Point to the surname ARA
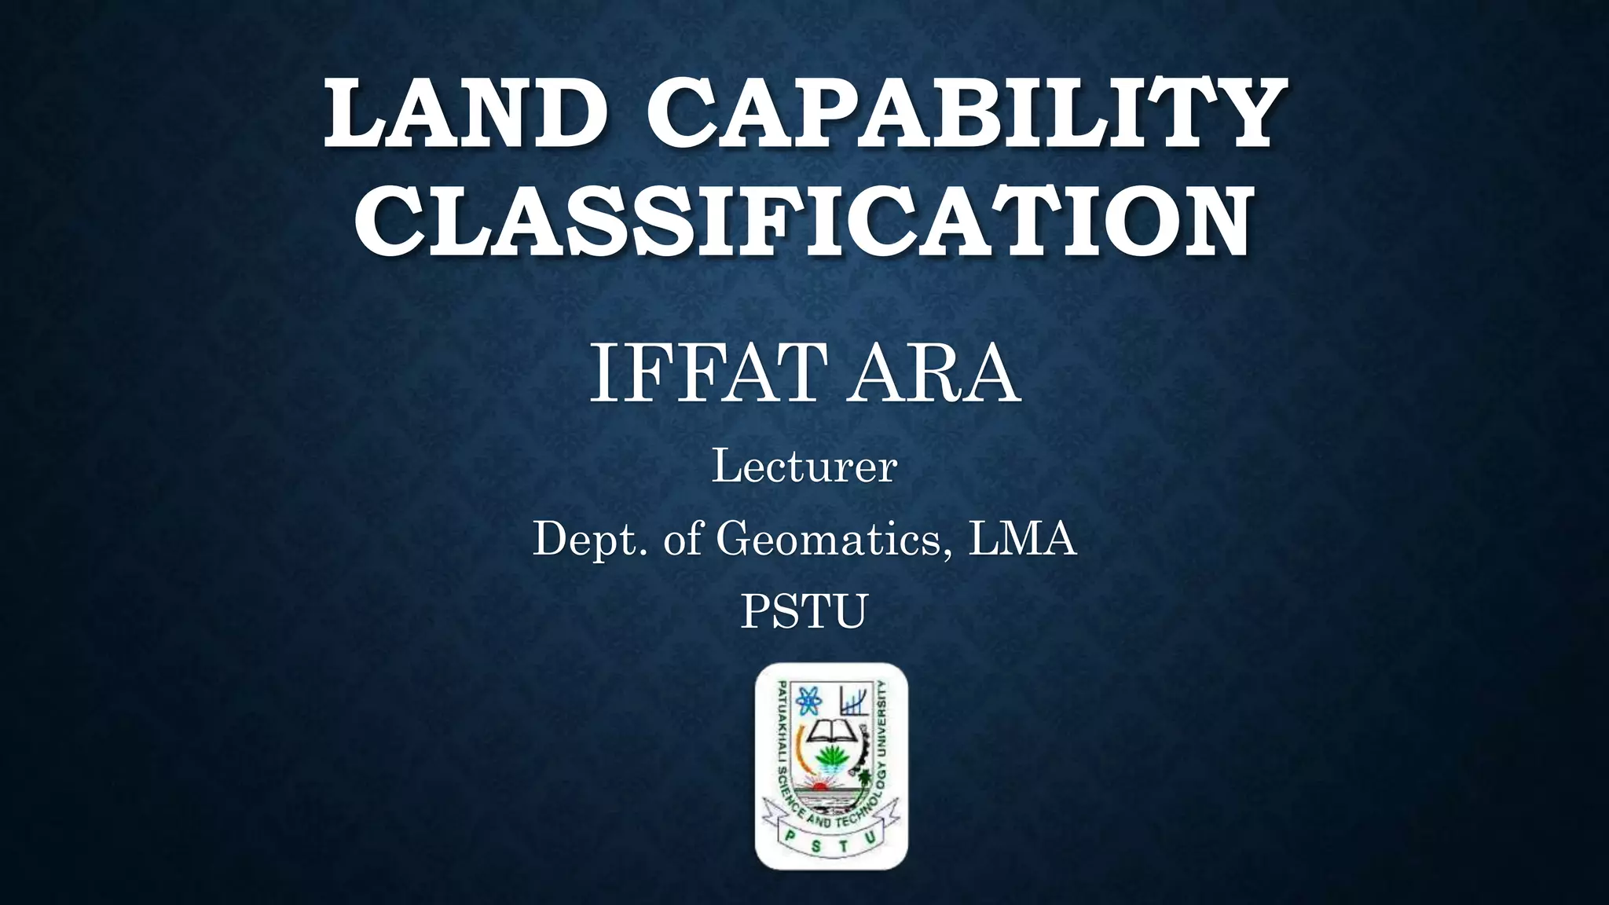tap(936, 376)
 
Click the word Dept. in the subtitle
tap(592, 540)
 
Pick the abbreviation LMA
tap(1022, 540)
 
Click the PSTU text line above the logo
tap(804, 611)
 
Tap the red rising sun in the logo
tap(820, 785)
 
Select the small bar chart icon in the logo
tap(854, 698)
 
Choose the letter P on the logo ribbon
tap(789, 838)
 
